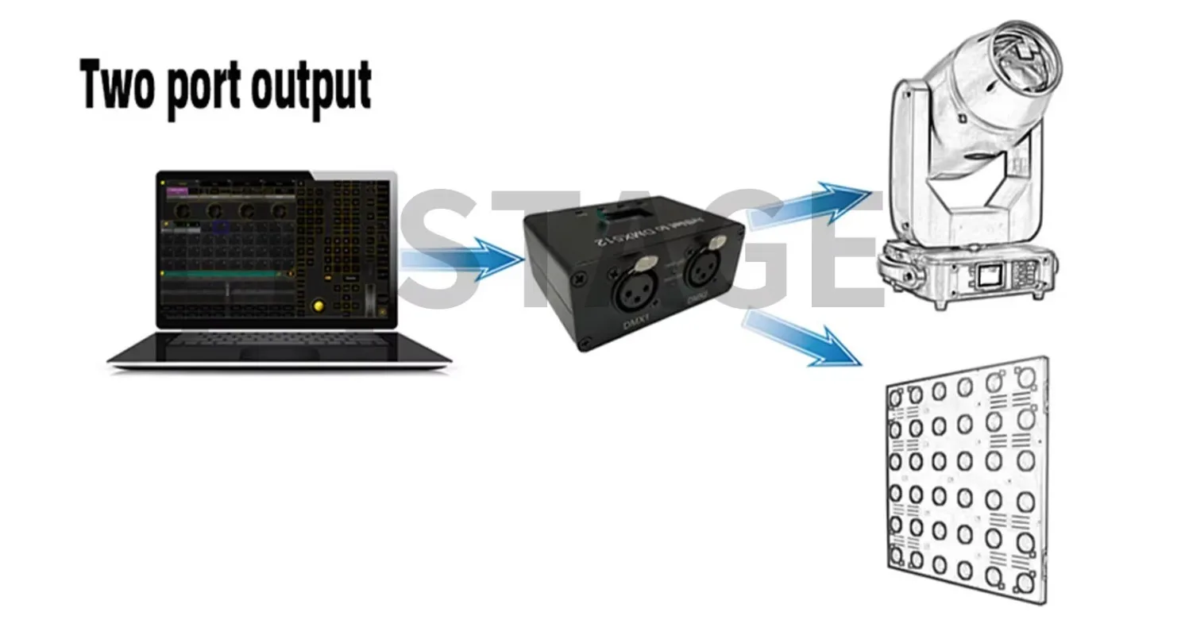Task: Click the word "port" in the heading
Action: tap(204, 89)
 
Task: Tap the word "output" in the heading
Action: tap(311, 87)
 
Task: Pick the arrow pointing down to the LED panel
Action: tap(802, 336)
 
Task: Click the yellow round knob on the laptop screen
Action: tap(319, 306)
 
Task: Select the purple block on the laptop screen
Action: tap(177, 190)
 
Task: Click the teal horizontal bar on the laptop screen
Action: tap(222, 274)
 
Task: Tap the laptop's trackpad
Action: tap(280, 353)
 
